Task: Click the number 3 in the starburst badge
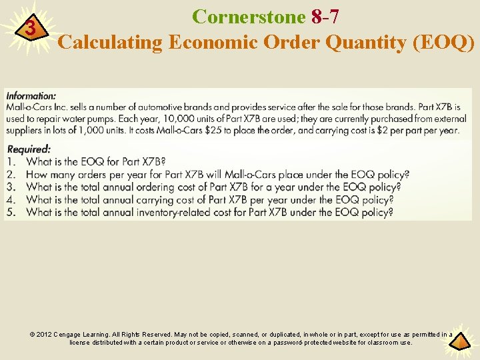click(x=29, y=29)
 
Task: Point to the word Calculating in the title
click(x=111, y=42)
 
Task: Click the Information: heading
click(x=31, y=96)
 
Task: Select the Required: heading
click(x=29, y=149)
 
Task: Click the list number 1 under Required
click(x=11, y=161)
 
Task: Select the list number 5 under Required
click(x=11, y=212)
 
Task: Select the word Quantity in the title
click(x=361, y=42)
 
